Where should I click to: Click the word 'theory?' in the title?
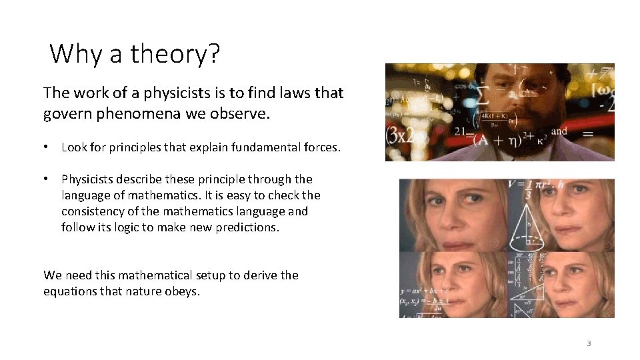pos(175,54)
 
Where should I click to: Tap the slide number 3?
pos(589,344)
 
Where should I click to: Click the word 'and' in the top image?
pos(559,131)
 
